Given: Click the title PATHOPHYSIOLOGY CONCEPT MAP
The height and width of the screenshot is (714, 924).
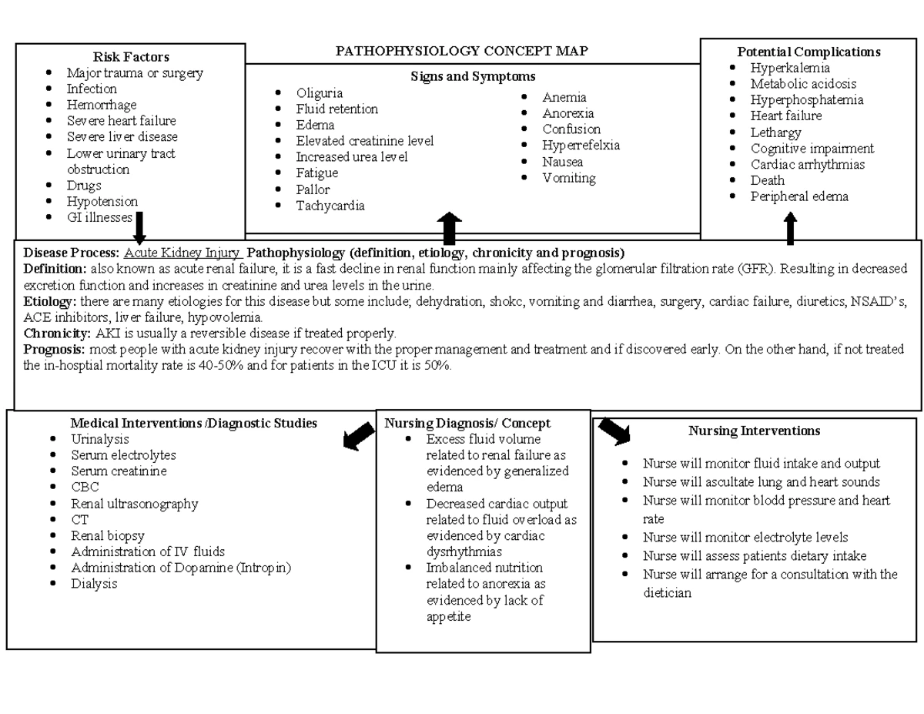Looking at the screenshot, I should click(462, 51).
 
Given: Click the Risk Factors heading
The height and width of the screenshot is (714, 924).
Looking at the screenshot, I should click(131, 56).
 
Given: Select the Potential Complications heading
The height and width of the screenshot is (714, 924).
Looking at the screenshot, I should click(808, 52).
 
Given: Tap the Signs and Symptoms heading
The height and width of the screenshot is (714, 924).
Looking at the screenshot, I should click(473, 76).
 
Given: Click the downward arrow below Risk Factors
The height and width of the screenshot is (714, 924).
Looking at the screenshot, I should click(139, 226).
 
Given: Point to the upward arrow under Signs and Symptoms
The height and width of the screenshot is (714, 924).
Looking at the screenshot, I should click(449, 229).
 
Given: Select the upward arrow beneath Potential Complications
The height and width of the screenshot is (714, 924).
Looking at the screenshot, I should click(790, 229).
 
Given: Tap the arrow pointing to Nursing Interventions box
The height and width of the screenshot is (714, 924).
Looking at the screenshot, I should click(614, 431).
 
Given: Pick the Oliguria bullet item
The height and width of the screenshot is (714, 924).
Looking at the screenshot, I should click(319, 93).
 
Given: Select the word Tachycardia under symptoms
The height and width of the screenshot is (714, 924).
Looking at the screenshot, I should click(330, 206).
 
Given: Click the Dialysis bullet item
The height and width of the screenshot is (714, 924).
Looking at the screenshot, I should click(94, 584).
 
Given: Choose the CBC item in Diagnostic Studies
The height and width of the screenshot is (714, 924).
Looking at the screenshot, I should click(85, 487).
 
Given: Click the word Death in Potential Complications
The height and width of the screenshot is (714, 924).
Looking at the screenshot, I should click(768, 180).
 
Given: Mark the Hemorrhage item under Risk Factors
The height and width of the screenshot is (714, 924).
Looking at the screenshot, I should click(102, 105).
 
